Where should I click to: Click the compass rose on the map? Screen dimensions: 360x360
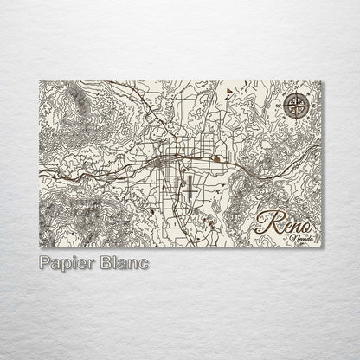point(295,107)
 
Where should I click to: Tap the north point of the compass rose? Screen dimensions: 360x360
point(295,94)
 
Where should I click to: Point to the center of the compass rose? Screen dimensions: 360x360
point(295,107)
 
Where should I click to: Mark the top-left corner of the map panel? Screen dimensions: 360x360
point(40,80)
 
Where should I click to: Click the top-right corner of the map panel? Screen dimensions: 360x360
point(322,80)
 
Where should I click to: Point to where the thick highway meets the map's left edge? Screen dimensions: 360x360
point(41,177)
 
